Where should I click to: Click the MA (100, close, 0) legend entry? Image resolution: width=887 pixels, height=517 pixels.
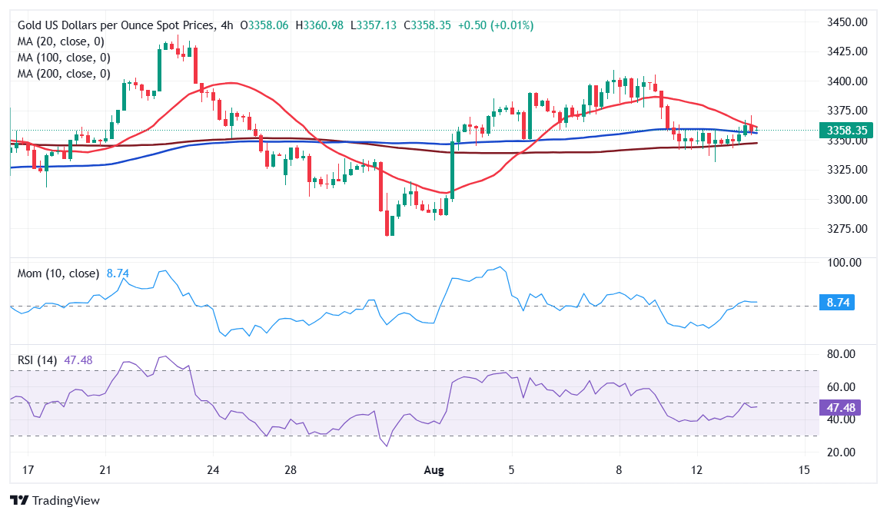pyautogui.click(x=63, y=58)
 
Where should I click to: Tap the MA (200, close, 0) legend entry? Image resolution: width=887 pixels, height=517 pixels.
pyautogui.click(x=63, y=74)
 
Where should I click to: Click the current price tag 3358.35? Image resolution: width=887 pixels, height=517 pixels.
pyautogui.click(x=846, y=131)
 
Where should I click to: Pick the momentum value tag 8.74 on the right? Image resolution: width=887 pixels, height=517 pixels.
pyautogui.click(x=837, y=303)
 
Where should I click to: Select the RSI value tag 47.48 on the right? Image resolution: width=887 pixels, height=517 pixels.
pyautogui.click(x=840, y=407)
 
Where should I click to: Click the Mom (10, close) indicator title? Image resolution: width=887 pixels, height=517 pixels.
pyautogui.click(x=59, y=273)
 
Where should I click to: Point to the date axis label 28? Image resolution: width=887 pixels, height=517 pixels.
pyautogui.click(x=290, y=470)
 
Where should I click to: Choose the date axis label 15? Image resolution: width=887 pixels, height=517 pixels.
pyautogui.click(x=804, y=470)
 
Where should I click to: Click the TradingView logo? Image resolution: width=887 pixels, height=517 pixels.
pyautogui.click(x=55, y=501)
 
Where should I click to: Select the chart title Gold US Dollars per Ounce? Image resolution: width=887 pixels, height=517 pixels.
pyautogui.click(x=115, y=25)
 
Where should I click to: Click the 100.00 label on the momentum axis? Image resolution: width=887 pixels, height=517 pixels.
pyautogui.click(x=842, y=263)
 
